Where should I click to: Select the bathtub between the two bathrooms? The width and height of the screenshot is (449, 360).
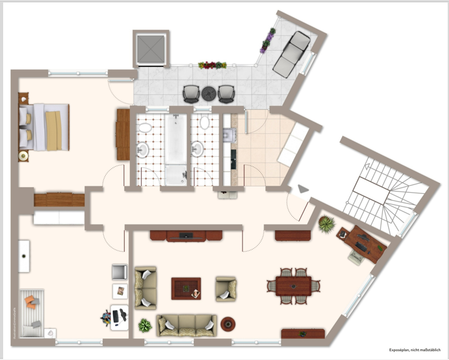click(175, 148)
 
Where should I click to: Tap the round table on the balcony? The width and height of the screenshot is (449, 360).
click(208, 93)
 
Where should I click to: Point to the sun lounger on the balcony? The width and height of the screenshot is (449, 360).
click(291, 53)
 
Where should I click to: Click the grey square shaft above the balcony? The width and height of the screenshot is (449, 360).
click(149, 48)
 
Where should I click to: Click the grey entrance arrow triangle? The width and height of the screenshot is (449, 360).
click(303, 189)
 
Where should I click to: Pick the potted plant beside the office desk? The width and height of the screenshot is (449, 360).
click(327, 223)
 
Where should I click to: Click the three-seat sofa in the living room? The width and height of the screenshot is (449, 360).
click(187, 325)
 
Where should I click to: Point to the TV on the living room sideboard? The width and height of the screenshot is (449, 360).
click(186, 236)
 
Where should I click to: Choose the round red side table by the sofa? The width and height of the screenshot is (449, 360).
click(227, 325)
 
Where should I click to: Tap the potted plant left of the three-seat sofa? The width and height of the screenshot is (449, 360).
click(145, 326)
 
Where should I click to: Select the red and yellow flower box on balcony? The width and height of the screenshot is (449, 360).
click(212, 65)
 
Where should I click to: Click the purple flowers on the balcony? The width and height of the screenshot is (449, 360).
click(267, 39)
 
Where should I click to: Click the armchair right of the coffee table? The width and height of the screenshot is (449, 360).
click(225, 288)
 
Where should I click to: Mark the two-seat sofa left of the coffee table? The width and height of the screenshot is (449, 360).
click(146, 287)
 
